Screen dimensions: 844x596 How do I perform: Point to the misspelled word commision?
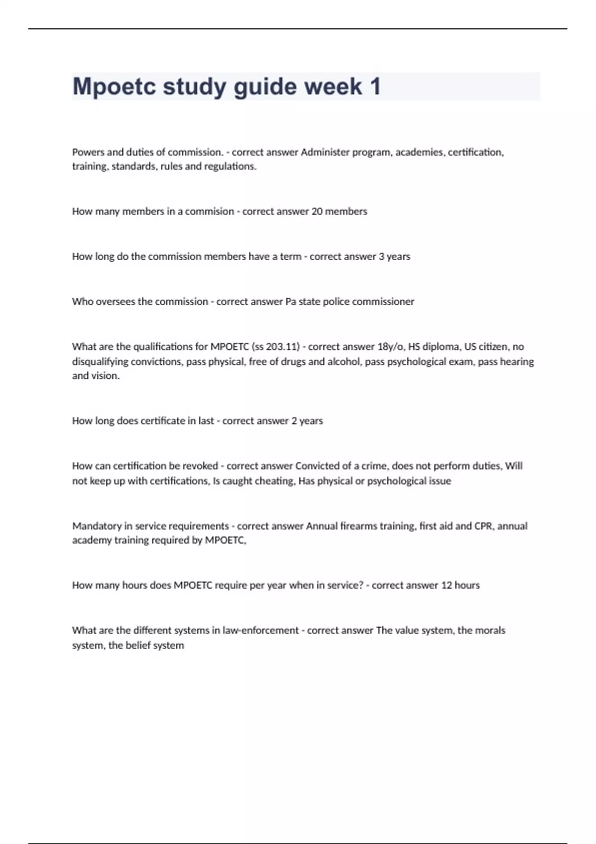[x=209, y=211]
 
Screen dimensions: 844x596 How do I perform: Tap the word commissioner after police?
[x=383, y=302]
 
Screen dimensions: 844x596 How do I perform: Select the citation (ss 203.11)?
[x=277, y=347]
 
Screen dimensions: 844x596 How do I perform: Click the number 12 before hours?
[x=447, y=585]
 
